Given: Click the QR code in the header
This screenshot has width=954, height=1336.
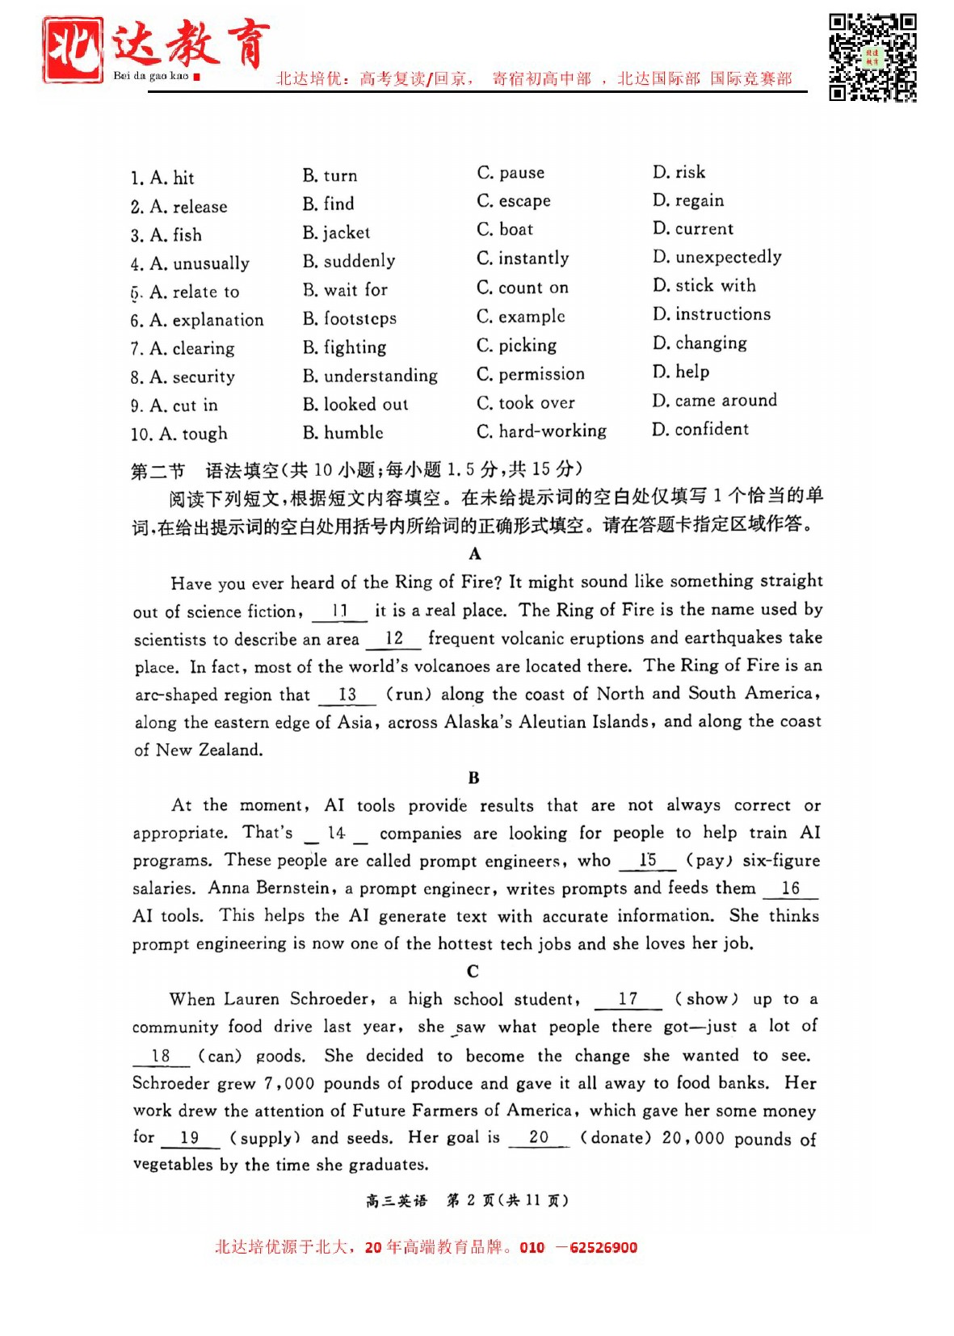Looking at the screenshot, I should pos(872,57).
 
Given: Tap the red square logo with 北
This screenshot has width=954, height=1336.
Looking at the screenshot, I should pos(74,50).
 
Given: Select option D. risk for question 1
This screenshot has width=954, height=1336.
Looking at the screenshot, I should pos(679,172).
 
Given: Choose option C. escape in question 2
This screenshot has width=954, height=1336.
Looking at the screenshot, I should pos(514,201).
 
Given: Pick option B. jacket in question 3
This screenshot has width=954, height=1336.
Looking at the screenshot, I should pos(336,233).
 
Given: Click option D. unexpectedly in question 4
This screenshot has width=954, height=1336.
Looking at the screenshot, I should pos(717,257).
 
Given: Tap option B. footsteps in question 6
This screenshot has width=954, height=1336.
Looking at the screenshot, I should pos(350,318).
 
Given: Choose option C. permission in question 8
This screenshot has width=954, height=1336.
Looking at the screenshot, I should pos(530,374).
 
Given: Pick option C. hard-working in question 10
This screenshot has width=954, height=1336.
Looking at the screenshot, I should pos(541,431).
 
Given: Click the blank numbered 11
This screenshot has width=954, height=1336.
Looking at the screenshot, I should pos(339,611).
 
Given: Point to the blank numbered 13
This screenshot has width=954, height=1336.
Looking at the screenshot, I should pos(347,695).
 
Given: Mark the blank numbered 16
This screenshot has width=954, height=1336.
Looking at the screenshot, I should pos(790,889).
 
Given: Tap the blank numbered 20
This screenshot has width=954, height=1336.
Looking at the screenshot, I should pos(539,1137).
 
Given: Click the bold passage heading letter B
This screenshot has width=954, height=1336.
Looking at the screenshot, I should pos(473,778).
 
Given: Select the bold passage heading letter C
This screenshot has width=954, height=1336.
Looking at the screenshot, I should pos(473,971).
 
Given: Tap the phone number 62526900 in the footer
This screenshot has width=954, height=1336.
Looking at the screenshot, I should pos(603,1247).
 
